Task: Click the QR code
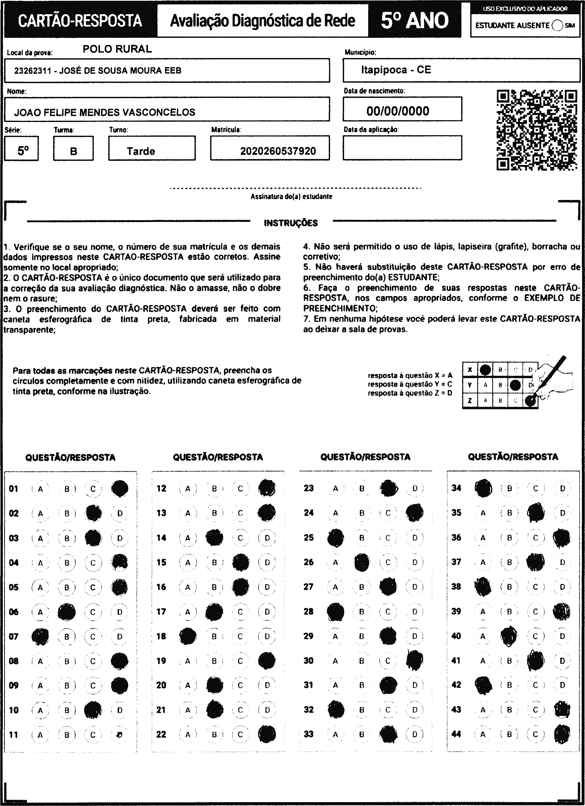coord(537,130)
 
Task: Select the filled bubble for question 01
coord(119,489)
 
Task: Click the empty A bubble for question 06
coord(40,612)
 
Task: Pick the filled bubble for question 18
coord(188,636)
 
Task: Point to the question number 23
coord(309,488)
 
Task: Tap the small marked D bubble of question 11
coord(120,735)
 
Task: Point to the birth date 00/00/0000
coord(398,111)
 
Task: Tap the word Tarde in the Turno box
coord(141,152)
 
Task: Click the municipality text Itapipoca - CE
coord(396,70)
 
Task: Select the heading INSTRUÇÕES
coord(291,223)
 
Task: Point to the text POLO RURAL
coord(117,49)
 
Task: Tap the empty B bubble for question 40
coord(509,636)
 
